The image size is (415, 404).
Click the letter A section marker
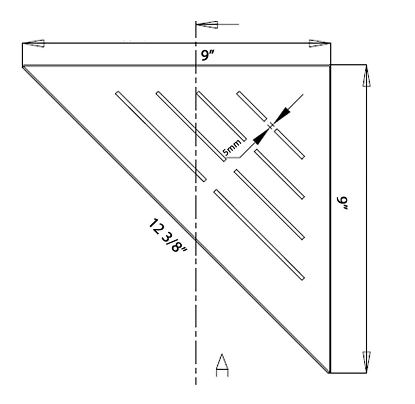pos(222,365)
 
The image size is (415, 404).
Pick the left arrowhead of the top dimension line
pos(36,43)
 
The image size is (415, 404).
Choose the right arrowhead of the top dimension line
pos(318,43)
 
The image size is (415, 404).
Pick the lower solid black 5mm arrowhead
pos(260,137)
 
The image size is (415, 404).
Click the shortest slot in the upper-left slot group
pos(251,106)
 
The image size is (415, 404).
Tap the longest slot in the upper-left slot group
pos(161,136)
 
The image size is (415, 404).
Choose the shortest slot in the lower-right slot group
pos(289,144)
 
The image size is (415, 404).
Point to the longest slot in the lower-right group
pos(259,235)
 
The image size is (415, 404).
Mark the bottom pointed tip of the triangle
pos(329,372)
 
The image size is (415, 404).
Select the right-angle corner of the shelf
pos(330,65)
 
